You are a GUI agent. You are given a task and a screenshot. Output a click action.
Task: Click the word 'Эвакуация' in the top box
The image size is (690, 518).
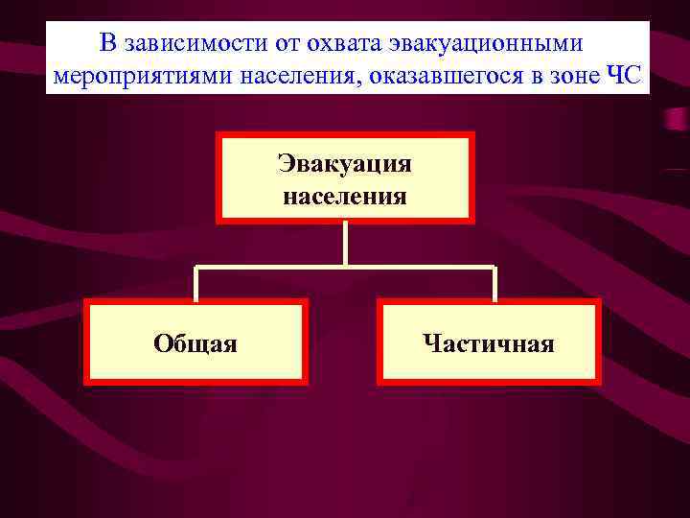coord(345,162)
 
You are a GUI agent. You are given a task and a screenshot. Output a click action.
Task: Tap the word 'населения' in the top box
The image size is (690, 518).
coord(345,197)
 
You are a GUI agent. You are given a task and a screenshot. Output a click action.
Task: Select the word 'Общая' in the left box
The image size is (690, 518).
coord(195,342)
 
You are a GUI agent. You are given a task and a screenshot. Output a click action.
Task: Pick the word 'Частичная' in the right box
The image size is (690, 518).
coord(489,342)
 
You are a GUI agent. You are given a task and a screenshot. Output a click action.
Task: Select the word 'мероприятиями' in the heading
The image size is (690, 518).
coord(125,75)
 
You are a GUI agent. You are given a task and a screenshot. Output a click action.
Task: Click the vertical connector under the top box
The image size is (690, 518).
coord(345,244)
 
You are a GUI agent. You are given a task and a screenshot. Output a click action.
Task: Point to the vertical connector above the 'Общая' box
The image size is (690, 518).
coord(195,283)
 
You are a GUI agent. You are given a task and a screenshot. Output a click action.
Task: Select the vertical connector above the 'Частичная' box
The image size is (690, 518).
coord(494,283)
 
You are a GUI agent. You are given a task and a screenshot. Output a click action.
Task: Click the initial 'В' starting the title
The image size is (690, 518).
coord(107,44)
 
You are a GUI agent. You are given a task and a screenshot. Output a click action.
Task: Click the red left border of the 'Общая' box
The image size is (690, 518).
coord(87,342)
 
